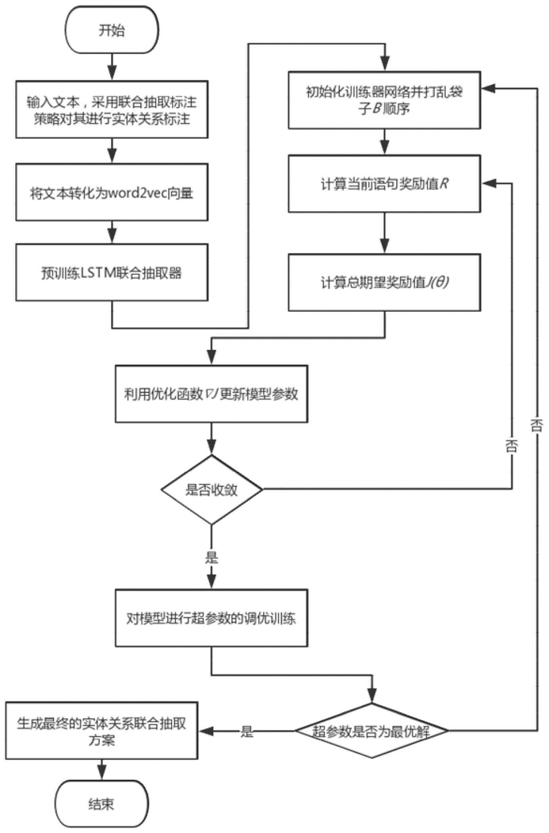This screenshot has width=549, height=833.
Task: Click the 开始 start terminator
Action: pyautogui.click(x=112, y=30)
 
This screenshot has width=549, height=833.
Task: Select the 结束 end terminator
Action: pyautogui.click(x=101, y=804)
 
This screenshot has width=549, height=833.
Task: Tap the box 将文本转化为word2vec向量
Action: pyautogui.click(x=112, y=192)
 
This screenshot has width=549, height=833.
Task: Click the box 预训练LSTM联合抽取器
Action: pyautogui.click(x=112, y=273)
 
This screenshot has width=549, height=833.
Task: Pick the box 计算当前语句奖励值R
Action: pyautogui.click(x=384, y=184)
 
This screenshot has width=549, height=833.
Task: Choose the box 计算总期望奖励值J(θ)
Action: pyautogui.click(x=384, y=282)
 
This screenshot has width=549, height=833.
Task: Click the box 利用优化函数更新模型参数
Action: pyautogui.click(x=212, y=393)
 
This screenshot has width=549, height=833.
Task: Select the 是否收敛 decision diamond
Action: pyautogui.click(x=212, y=489)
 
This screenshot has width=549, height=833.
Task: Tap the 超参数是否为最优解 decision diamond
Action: pyautogui.click(x=372, y=731)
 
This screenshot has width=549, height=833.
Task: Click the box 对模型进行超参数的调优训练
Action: pyautogui.click(x=212, y=618)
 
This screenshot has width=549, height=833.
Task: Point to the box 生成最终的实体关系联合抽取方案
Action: pyautogui.click(x=101, y=731)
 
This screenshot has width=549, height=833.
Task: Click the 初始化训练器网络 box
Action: pyautogui.click(x=384, y=100)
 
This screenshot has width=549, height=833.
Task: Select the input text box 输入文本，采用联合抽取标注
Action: pyautogui.click(x=112, y=109)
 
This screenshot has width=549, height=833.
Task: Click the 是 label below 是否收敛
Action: pyautogui.click(x=212, y=557)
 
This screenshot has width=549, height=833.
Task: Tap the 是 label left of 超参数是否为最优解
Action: pyautogui.click(x=246, y=731)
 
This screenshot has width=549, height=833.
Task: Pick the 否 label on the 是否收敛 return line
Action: pyautogui.click(x=512, y=445)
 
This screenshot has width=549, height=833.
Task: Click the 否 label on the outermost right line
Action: pyautogui.click(x=537, y=424)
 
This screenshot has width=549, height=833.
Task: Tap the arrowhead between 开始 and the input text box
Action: pyautogui.click(x=112, y=73)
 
